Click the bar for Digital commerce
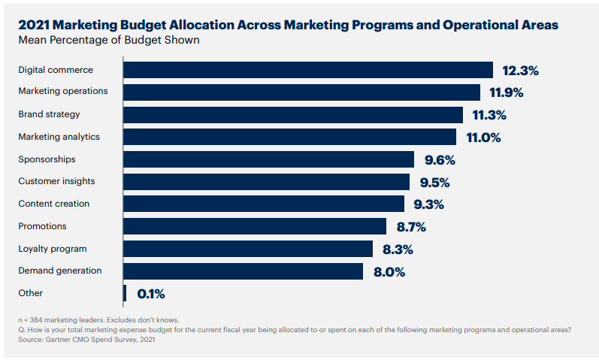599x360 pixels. click(308, 70)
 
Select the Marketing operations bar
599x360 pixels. click(301, 92)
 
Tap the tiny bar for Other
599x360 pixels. click(125, 293)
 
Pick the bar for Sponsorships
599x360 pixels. click(268, 159)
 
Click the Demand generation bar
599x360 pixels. click(243, 271)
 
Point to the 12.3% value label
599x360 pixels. click(521, 71)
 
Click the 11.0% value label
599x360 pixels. click(484, 138)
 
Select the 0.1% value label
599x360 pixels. click(151, 294)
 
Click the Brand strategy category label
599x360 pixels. click(49, 114)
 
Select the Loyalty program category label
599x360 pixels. click(53, 248)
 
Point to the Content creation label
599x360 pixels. click(53, 204)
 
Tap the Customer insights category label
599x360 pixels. click(56, 181)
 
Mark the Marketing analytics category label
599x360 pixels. click(59, 137)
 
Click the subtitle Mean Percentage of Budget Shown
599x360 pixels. click(109, 40)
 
